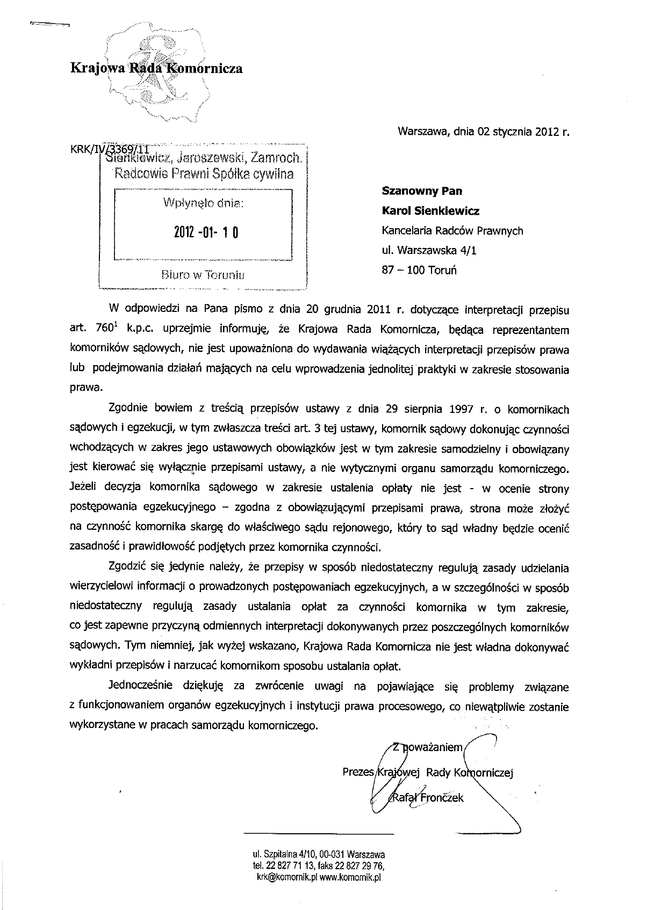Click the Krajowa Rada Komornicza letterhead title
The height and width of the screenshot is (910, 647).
point(156,68)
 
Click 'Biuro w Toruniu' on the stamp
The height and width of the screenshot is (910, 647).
point(203,275)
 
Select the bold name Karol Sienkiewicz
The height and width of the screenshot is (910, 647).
point(430,211)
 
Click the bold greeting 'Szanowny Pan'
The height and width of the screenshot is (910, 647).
point(422,191)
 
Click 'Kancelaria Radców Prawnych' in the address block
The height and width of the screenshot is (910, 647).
point(452,231)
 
